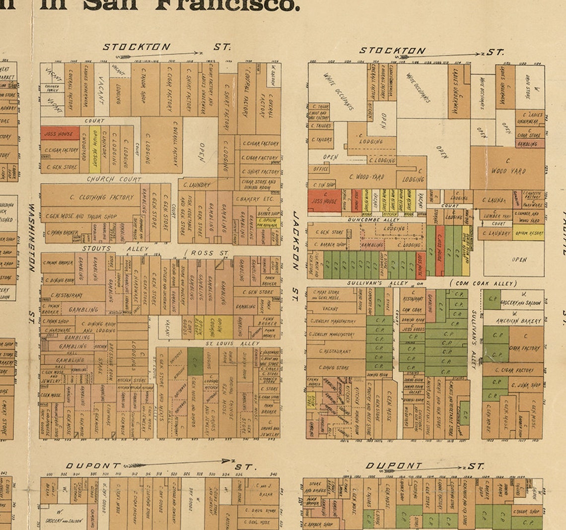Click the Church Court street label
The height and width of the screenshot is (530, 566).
click(114, 179)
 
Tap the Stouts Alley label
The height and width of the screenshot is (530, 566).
click(115, 249)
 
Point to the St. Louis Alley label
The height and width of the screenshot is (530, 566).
click(233, 343)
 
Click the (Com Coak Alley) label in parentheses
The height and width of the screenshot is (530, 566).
click(483, 283)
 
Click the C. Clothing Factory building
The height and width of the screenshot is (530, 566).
click(102, 197)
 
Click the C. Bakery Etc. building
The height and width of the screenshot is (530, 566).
click(256, 199)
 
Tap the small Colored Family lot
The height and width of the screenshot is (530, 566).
click(52, 88)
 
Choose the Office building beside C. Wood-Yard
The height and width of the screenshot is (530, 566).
click(321, 169)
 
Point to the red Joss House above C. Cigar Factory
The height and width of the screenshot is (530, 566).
click(60, 133)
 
